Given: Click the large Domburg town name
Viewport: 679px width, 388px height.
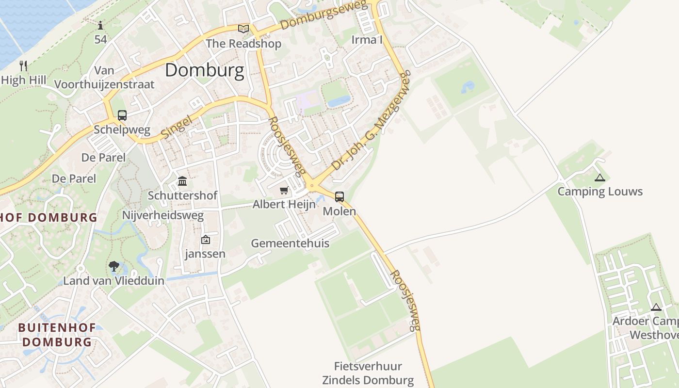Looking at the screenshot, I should coord(204,71).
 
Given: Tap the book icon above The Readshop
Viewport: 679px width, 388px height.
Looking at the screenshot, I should coord(243,29).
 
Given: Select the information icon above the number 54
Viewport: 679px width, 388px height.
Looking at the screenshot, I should coord(100,25).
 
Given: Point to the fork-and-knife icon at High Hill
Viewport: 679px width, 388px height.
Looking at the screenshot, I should coord(23,65).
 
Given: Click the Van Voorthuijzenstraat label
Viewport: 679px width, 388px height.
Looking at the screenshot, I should coord(104,78).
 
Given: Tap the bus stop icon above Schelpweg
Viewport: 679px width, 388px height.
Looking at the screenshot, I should coord(122,115).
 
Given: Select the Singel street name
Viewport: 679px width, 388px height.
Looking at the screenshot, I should coord(179,125).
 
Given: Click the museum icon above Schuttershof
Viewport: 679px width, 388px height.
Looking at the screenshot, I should coord(182,181).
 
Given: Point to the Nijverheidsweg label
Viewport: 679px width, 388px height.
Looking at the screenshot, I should coord(163,215).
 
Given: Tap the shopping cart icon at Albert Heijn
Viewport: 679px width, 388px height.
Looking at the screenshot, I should coord(284,190).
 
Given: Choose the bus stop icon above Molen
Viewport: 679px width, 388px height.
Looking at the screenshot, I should coord(339,197).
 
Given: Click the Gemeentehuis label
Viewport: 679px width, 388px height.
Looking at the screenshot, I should coord(290,243).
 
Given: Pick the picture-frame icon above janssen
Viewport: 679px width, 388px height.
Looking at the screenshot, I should coord(206,240).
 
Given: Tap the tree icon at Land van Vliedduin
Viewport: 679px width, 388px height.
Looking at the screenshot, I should coord(114,266).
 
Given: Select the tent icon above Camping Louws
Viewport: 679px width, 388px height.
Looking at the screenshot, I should coord(600,178).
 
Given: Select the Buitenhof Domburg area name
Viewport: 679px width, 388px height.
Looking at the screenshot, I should coord(57,335).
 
